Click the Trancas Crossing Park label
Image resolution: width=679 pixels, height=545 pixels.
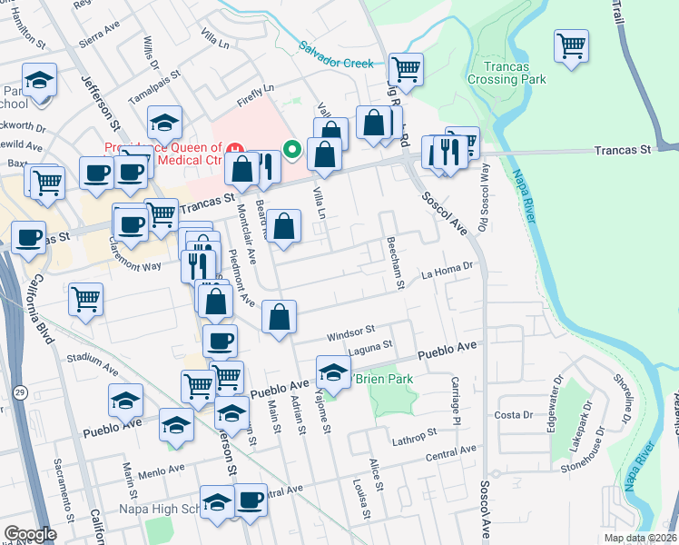click(507, 73)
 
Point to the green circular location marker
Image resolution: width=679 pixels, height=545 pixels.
click(292, 149)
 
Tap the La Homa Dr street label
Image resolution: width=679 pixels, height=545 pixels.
click(448, 267)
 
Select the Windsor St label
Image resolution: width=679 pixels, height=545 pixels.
click(351, 332)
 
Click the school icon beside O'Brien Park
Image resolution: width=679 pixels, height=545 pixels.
click(333, 372)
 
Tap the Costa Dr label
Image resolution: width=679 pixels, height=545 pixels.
click(514, 415)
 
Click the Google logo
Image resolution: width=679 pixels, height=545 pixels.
click(30, 534)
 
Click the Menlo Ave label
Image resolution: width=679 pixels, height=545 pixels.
click(162, 470)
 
